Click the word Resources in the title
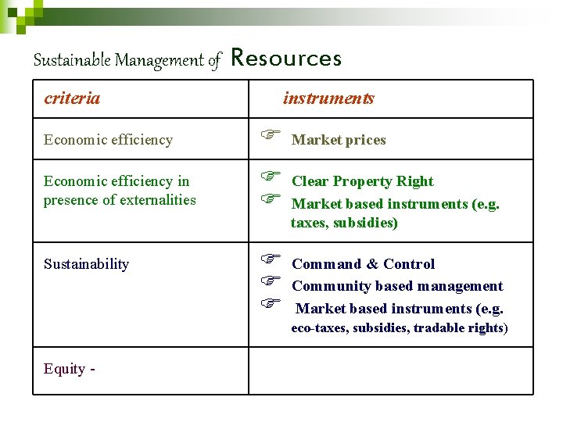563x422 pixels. [287, 59]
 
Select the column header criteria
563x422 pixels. [72, 98]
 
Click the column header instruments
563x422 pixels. [328, 98]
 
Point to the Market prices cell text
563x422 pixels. [339, 140]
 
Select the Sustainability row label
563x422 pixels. [86, 264]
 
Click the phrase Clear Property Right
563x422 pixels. [362, 181]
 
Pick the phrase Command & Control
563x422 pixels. [363, 264]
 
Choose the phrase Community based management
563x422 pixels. [397, 286]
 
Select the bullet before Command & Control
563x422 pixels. [270, 259]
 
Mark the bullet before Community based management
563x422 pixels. [270, 281]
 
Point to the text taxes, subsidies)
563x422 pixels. [344, 224]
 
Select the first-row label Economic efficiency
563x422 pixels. [108, 140]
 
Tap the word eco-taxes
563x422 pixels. [319, 328]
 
